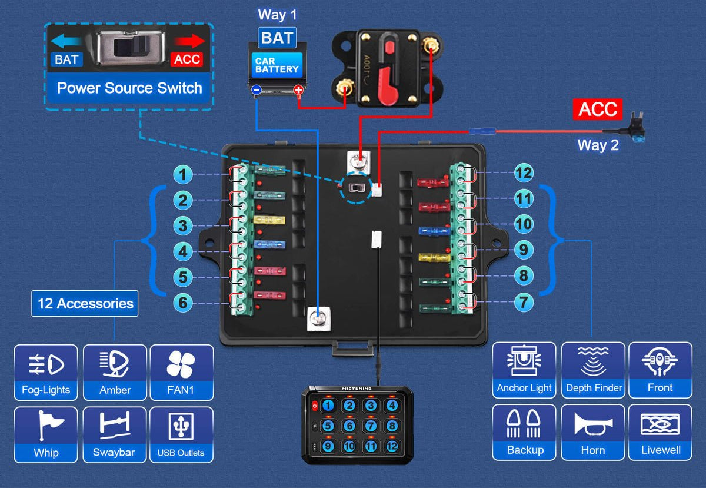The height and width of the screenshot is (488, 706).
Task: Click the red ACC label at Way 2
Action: pyautogui.click(x=598, y=109)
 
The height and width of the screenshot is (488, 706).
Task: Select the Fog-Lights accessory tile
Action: pyautogui.click(x=46, y=373)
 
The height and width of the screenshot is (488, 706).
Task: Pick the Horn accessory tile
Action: pyautogui.click(x=592, y=432)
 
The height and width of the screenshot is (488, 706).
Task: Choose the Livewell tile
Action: pyautogui.click(x=660, y=432)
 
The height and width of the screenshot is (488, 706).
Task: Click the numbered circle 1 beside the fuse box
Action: pyautogui.click(x=184, y=175)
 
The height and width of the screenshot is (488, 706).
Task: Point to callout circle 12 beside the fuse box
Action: pyautogui.click(x=523, y=173)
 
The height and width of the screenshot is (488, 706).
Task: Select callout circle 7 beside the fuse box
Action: pyautogui.click(x=523, y=303)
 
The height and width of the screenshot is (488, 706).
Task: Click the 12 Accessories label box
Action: pyautogui.click(x=85, y=304)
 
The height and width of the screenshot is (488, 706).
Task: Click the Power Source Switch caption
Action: pyautogui.click(x=129, y=89)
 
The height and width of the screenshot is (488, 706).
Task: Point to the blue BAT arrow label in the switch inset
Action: pyautogui.click(x=66, y=59)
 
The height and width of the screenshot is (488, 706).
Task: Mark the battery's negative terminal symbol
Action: pyautogui.click(x=256, y=91)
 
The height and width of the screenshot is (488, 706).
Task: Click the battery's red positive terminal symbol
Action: pyautogui.click(x=298, y=91)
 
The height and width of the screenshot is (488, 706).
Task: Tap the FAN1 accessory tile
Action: pyautogui.click(x=181, y=373)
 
